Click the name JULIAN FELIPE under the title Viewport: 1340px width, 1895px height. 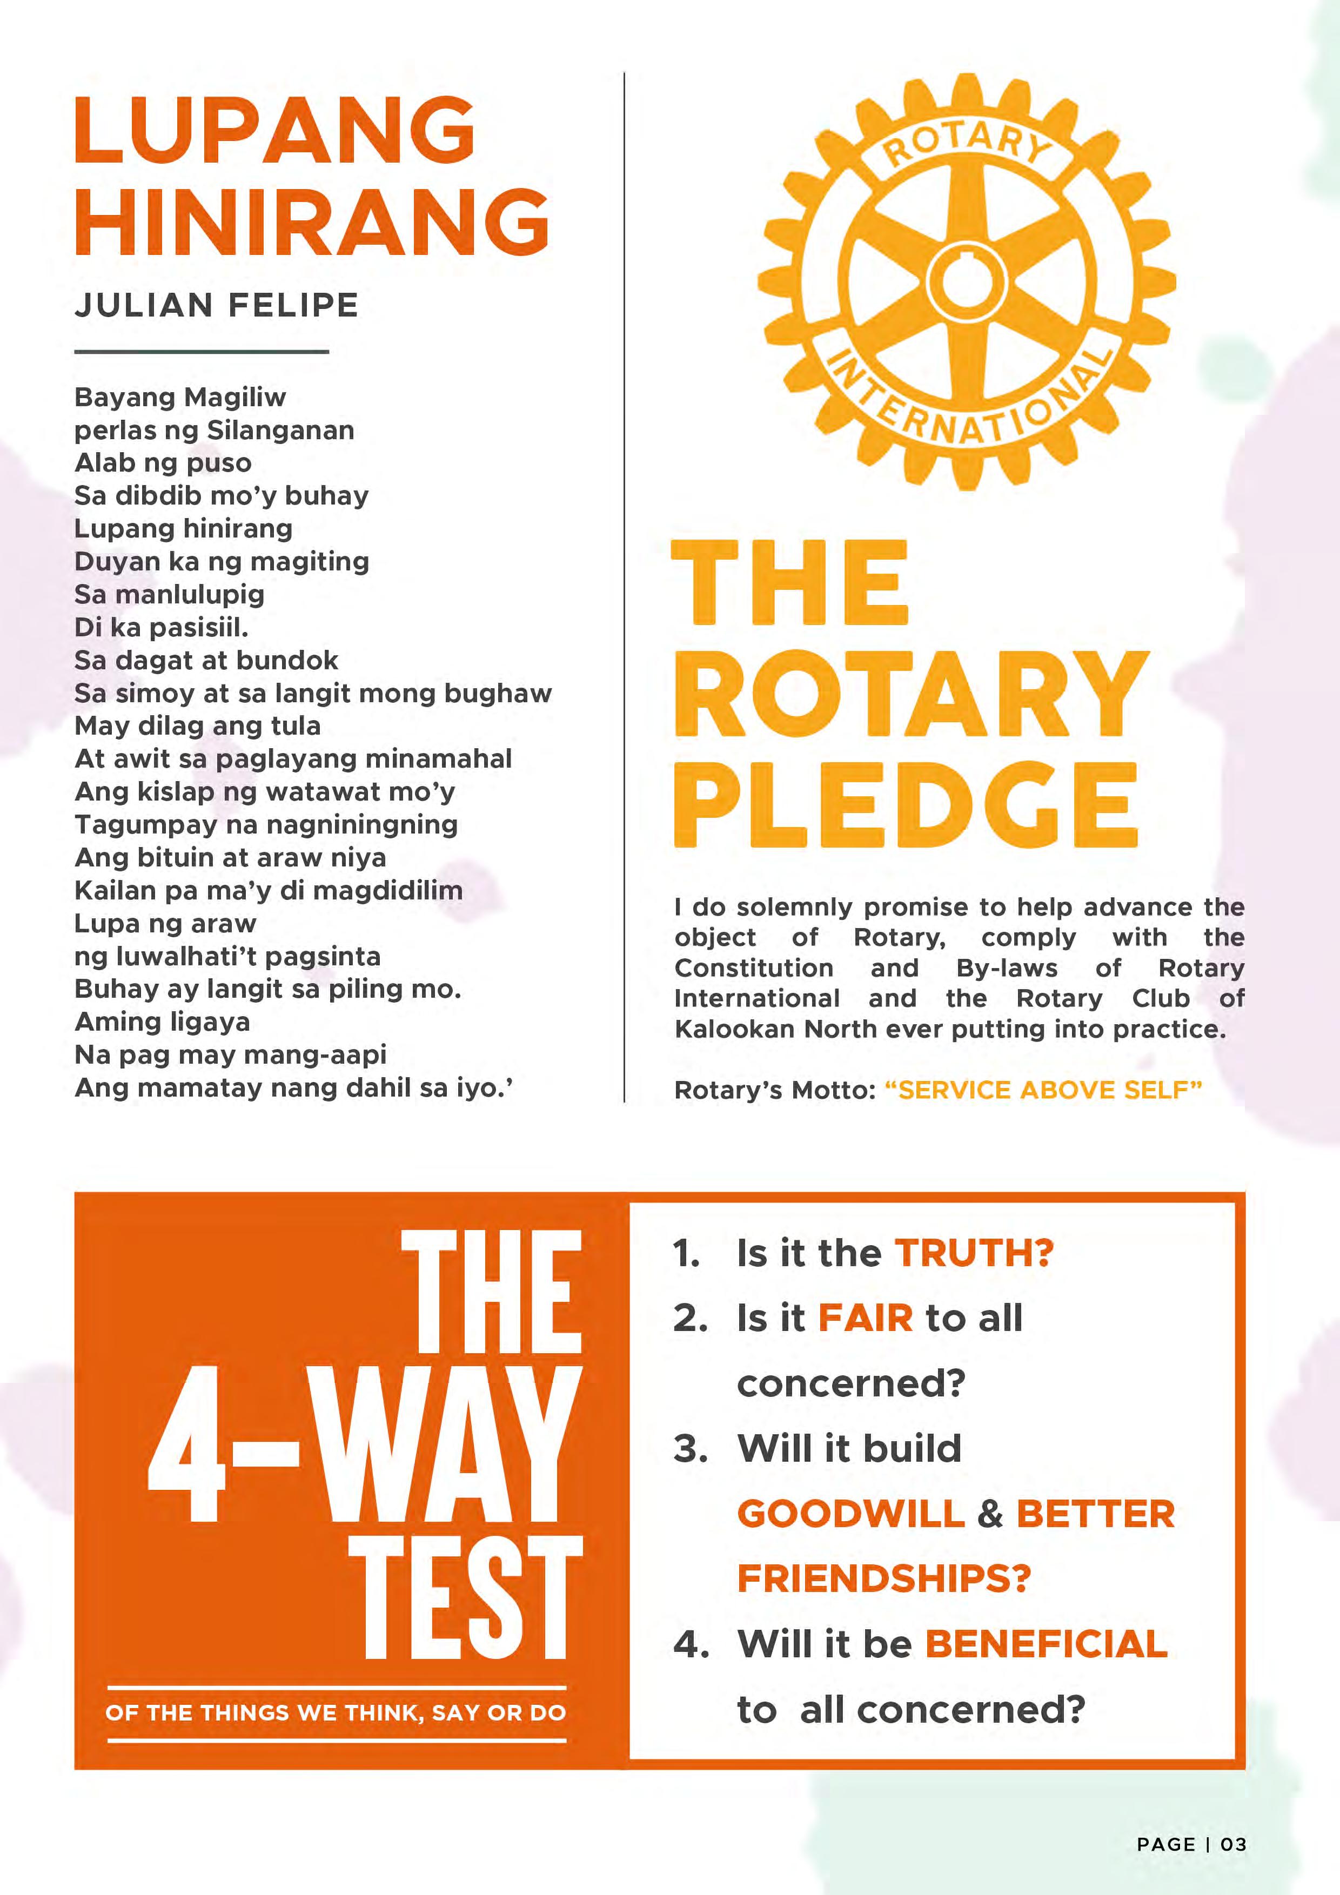pyautogui.click(x=216, y=305)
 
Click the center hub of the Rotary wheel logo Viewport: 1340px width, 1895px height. pyautogui.click(x=967, y=280)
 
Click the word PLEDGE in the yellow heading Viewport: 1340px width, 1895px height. pyautogui.click(x=906, y=805)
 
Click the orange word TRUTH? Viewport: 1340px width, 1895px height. pyautogui.click(x=974, y=1253)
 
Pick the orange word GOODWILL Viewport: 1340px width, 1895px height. pyautogui.click(x=850, y=1514)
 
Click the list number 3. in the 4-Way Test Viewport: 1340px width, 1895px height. pyautogui.click(x=690, y=1448)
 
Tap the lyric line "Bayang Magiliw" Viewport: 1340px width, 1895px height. pyautogui.click(x=180, y=397)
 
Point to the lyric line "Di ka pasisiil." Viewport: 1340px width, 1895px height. pyautogui.click(x=161, y=627)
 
